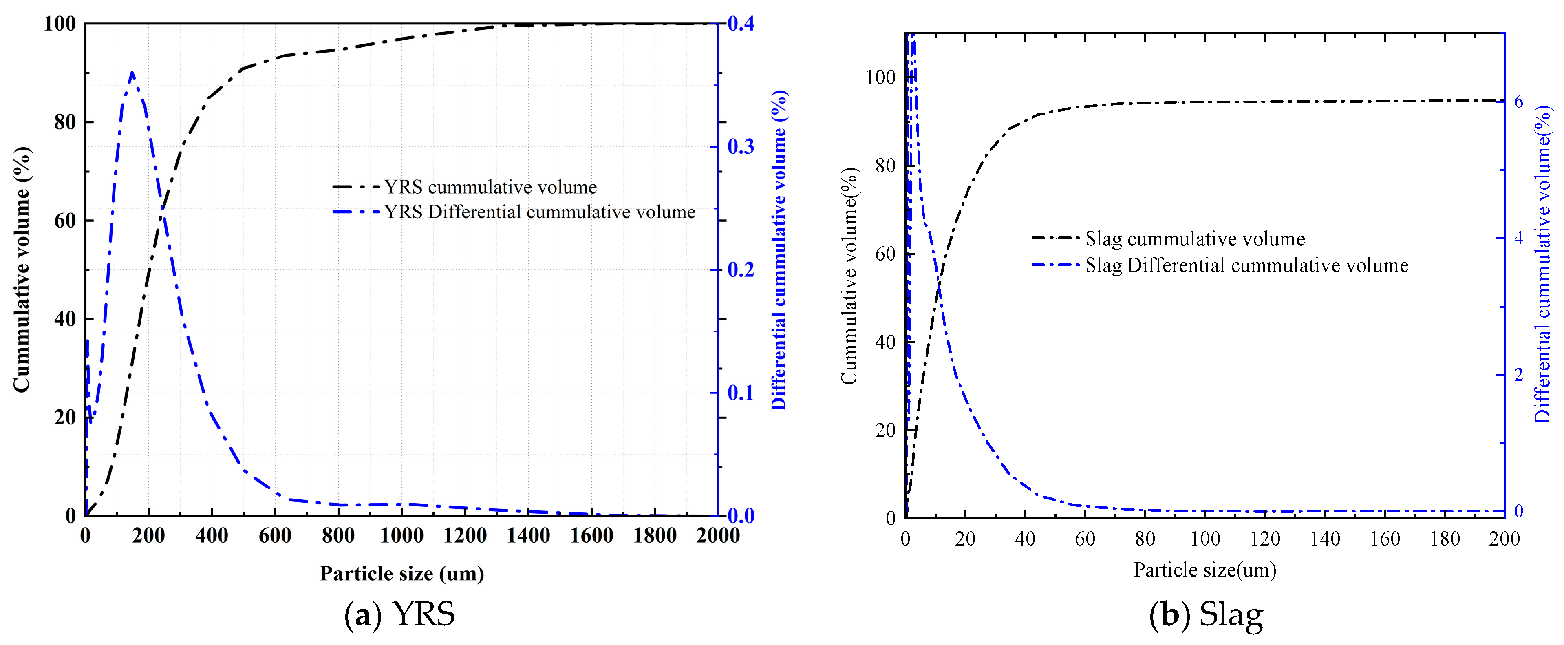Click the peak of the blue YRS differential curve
pos(132,72)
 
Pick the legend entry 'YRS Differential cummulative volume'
pos(540,212)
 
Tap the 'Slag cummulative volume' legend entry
pos(1195,239)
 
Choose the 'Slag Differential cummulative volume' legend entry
pos(1246,265)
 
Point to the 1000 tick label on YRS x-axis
pos(401,536)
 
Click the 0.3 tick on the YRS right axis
pos(740,146)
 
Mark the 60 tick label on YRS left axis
pos(65,221)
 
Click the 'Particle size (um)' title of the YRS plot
pos(402,573)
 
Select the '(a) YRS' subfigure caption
pos(399,615)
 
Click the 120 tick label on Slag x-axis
pos(1265,539)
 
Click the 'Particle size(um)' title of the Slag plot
pos(1204,570)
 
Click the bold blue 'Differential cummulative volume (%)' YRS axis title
pos(779,249)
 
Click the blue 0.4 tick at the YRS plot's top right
pos(740,24)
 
